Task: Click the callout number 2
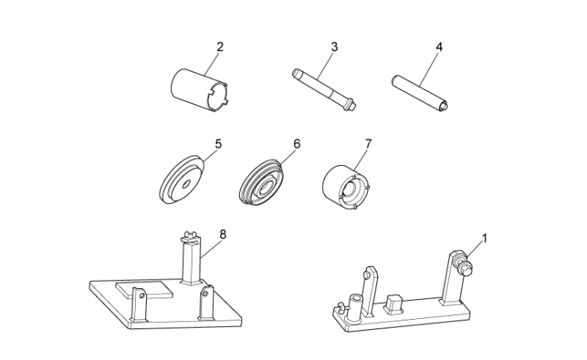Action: tap(220, 47)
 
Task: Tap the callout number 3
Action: tap(334, 47)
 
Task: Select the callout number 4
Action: tap(439, 47)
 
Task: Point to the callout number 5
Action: tap(218, 144)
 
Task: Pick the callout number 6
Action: tap(297, 144)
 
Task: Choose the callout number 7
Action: tap(367, 144)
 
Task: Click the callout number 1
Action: tap(484, 237)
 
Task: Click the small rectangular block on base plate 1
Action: tap(395, 303)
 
